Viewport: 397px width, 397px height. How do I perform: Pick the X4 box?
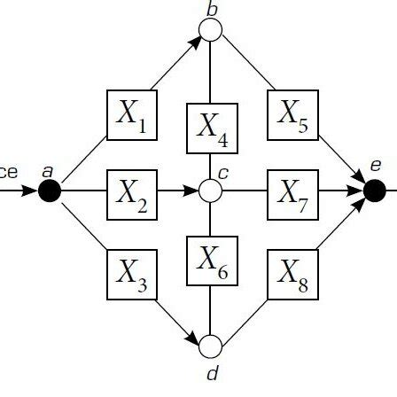[x=211, y=129]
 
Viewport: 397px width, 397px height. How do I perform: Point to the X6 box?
[x=211, y=261]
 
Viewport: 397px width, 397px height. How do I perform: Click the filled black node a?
[x=50, y=190]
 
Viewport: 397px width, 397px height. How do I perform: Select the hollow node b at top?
[x=211, y=30]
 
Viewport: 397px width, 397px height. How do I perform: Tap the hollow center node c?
[x=211, y=190]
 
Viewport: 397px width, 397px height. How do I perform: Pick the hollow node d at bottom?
[x=211, y=346]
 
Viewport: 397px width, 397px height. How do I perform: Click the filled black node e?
[x=374, y=190]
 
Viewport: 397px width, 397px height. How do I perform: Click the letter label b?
[x=211, y=8]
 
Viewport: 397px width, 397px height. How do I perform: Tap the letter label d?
[x=211, y=372]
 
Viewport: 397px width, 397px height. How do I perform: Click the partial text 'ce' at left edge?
[x=9, y=171]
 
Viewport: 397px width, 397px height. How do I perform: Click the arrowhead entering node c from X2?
[x=194, y=190]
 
